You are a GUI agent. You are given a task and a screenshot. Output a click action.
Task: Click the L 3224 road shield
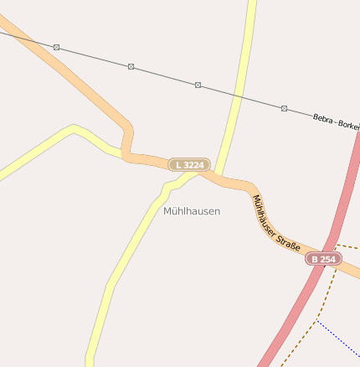pyautogui.click(x=189, y=165)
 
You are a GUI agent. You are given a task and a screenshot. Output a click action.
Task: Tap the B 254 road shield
pyautogui.click(x=323, y=260)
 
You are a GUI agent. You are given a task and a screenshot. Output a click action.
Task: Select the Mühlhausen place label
pyautogui.click(x=192, y=211)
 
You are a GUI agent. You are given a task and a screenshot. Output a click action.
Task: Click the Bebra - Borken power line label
pyautogui.click(x=336, y=121)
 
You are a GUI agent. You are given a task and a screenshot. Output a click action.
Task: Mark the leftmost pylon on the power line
pyautogui.click(x=56, y=47)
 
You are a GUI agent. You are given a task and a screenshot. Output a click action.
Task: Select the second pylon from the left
pyautogui.click(x=131, y=66)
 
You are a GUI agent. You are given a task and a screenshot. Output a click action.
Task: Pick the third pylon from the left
pyautogui.click(x=198, y=85)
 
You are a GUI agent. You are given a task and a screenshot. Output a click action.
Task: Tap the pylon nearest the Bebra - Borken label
pyautogui.click(x=284, y=108)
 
